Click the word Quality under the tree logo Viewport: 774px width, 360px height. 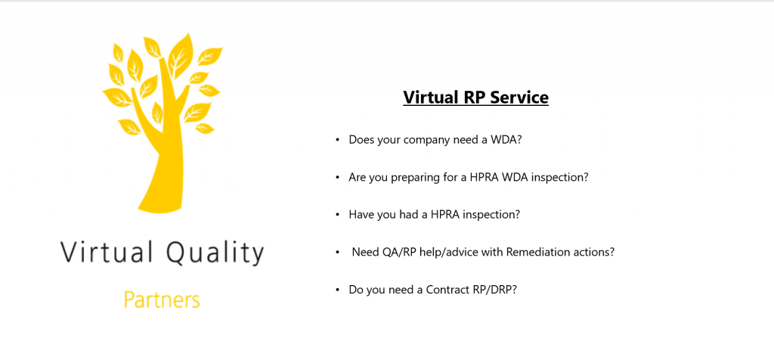tap(215, 253)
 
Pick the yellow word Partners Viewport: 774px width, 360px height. tap(162, 299)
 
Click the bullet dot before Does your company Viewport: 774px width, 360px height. tap(338, 140)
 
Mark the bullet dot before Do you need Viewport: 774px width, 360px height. tap(338, 290)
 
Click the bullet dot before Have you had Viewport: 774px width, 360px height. tap(338, 216)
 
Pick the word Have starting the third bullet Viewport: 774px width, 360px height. tap(359, 215)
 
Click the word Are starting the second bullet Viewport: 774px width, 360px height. tap(357, 177)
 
